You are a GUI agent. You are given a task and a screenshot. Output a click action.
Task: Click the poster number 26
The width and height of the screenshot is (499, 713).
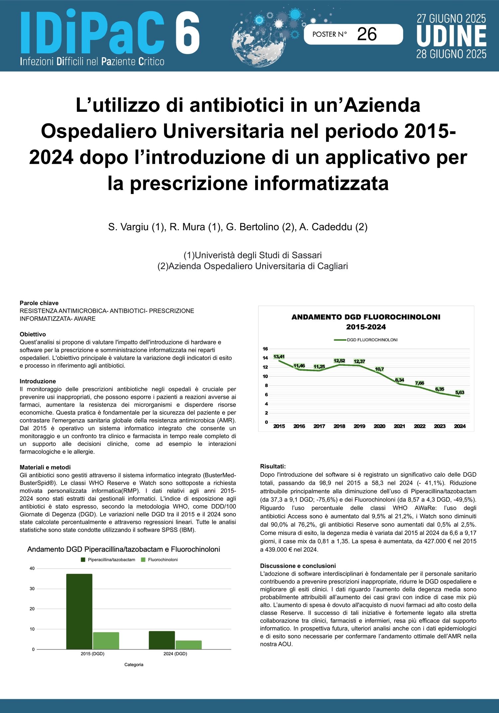[367, 34]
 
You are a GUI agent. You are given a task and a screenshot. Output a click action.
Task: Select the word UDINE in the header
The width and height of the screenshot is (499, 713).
[451, 36]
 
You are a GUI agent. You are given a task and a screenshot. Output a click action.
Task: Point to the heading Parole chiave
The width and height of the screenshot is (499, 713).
[39, 303]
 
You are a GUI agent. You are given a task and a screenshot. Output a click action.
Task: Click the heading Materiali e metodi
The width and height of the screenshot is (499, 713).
[45, 467]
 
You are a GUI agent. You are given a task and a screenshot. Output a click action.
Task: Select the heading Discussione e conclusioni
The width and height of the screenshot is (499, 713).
[298, 566]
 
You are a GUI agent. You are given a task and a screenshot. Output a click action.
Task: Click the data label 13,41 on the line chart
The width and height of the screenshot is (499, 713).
[279, 356]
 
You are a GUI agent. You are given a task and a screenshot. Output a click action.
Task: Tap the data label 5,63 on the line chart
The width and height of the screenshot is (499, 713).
[459, 392]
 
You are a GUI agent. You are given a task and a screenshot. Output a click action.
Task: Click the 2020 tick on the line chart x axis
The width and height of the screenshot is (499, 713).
[379, 426]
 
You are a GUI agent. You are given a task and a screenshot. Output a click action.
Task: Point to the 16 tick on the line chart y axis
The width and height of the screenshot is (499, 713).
[265, 349]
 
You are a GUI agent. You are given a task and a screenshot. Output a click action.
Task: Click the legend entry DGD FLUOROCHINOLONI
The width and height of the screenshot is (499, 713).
[372, 340]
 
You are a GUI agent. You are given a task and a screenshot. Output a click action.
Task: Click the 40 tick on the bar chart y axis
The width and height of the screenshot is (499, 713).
[32, 568]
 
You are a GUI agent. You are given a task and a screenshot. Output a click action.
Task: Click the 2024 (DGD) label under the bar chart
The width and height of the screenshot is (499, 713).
[175, 653]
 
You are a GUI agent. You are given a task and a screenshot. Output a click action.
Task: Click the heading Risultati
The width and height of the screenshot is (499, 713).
[273, 466]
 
